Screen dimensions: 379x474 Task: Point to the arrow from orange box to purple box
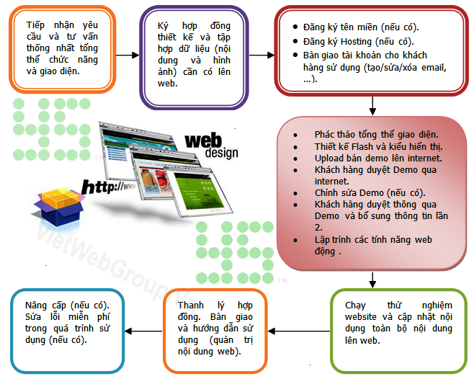coord(126,55)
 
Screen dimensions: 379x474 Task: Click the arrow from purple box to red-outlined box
coord(261,55)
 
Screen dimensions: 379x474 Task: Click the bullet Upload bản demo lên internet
coord(377,158)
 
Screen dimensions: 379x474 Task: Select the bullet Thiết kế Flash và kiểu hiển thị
coord(377,146)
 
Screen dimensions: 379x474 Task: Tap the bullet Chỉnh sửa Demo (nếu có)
coord(370,192)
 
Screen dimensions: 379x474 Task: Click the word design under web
coord(221,153)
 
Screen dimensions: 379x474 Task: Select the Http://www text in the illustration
coord(109,188)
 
